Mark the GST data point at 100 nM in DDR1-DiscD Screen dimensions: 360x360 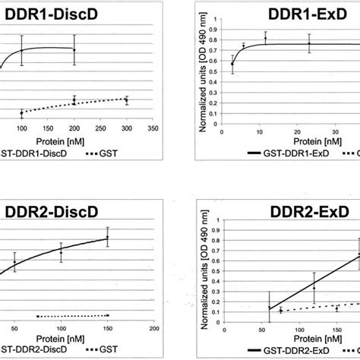coord(22,114)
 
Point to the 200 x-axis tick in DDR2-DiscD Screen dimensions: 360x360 coord(153,327)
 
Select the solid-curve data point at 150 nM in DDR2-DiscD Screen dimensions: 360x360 coord(108,238)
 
